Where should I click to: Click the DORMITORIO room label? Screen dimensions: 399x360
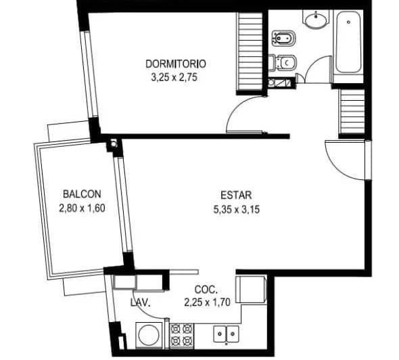click(x=176, y=64)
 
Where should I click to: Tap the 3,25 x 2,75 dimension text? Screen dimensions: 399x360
click(x=174, y=77)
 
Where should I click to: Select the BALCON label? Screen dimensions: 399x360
click(x=82, y=194)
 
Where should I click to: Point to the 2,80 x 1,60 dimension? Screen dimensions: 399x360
click(x=82, y=208)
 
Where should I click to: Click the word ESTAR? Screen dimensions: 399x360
click(x=236, y=196)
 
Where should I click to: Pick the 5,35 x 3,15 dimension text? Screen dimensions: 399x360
click(x=237, y=210)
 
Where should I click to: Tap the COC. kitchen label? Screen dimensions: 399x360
click(x=206, y=290)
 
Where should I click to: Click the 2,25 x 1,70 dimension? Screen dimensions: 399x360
click(x=208, y=302)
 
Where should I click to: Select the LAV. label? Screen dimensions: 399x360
click(x=141, y=302)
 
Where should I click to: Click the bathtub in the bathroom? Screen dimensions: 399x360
click(x=348, y=42)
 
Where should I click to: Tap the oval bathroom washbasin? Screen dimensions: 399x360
click(x=316, y=20)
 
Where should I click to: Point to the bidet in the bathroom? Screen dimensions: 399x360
click(x=283, y=39)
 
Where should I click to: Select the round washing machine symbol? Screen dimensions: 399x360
click(x=149, y=336)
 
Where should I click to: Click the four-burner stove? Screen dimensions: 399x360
click(x=181, y=336)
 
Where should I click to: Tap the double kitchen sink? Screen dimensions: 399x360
click(x=226, y=334)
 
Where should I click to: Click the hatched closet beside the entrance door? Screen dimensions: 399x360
click(x=352, y=112)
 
